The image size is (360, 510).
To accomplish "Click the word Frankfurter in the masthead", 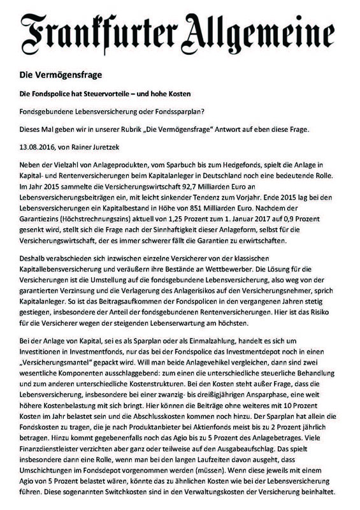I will (99, 31).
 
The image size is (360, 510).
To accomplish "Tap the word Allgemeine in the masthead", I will (268, 31).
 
